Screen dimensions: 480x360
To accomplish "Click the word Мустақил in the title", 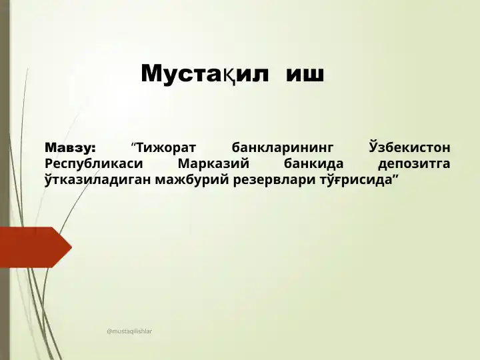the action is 205,74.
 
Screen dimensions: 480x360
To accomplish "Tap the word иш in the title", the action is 305,75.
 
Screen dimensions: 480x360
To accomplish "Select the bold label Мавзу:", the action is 71,147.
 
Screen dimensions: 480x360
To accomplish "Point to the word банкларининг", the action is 282,147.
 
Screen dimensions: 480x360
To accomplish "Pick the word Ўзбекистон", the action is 409,147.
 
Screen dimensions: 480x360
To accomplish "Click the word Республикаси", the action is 94,164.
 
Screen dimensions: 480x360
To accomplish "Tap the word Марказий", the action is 213,163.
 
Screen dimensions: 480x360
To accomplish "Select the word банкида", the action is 313,163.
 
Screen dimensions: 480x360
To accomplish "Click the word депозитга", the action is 414,164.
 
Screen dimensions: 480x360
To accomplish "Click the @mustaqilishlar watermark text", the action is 129,331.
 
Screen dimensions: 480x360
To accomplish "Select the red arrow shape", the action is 36,247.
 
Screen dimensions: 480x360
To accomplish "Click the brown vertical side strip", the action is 5,180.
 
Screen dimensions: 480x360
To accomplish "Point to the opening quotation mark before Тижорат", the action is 133,145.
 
